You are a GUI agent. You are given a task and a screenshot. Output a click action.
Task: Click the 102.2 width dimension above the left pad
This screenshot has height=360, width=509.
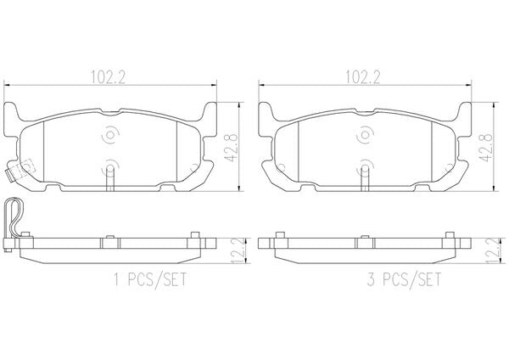coord(108,77)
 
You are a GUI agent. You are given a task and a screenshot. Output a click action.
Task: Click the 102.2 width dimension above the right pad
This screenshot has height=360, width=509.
coord(362,77)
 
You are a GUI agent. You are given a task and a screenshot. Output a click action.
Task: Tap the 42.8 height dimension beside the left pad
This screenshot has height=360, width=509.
coord(232,147)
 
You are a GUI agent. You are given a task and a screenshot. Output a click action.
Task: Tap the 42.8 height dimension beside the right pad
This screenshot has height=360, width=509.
coord(486,147)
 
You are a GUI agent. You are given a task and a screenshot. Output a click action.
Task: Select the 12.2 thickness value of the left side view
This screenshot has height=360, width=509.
coord(240,250)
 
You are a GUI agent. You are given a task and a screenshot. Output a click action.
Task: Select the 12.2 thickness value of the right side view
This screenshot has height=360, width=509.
coord(495,250)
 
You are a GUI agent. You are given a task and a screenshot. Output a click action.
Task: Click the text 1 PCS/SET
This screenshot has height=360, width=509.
coord(150,279)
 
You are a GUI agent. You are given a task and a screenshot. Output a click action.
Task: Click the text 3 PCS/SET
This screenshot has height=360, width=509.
coord(404,279)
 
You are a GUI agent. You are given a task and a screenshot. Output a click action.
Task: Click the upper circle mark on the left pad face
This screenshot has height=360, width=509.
coord(110,134)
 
